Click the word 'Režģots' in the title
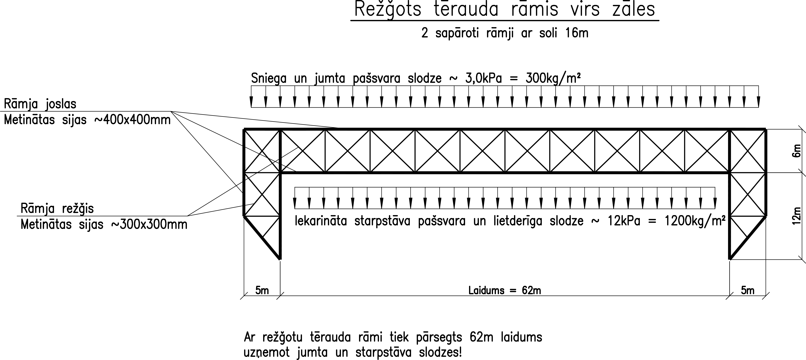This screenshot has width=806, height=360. (x=388, y=10)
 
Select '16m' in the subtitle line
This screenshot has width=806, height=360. (x=577, y=33)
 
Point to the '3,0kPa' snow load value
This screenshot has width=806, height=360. (x=483, y=78)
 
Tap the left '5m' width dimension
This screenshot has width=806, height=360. (x=262, y=291)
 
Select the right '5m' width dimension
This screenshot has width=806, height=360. (x=748, y=291)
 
